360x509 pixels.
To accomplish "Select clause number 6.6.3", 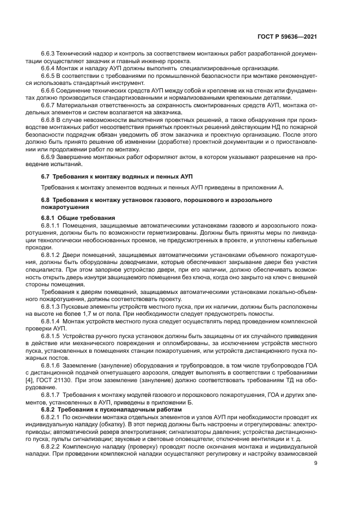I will pos(49,54).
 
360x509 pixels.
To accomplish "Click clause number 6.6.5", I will pos(49,76).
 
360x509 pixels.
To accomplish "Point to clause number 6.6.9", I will pos(49,158).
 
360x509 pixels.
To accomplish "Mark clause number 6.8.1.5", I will pos(52,337).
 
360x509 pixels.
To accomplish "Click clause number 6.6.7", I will pos(49,104).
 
